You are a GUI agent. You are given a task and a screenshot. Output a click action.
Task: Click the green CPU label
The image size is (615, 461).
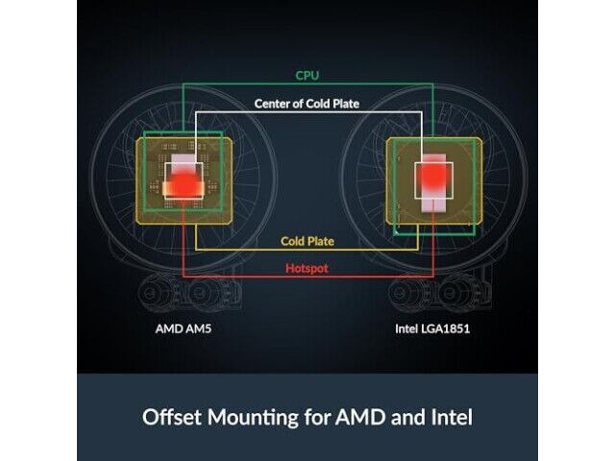click(x=307, y=75)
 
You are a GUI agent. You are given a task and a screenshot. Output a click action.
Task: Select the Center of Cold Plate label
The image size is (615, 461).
click(x=307, y=104)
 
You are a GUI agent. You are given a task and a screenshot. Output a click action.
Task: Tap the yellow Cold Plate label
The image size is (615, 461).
click(x=307, y=241)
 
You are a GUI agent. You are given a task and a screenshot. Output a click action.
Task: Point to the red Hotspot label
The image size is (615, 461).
click(x=307, y=269)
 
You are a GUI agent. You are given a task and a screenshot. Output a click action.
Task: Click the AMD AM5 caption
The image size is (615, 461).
click(x=184, y=328)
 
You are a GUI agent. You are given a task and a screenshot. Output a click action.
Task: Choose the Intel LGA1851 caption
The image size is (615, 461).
click(x=432, y=328)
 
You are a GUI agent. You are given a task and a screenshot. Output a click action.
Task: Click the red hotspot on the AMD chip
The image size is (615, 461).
click(x=183, y=185)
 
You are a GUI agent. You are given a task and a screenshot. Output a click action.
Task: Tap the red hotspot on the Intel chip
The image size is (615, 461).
click(x=432, y=176)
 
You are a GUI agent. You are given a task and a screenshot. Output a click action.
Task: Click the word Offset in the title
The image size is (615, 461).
click(x=173, y=417)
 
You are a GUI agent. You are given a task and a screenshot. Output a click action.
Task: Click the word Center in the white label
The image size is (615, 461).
click(x=272, y=104)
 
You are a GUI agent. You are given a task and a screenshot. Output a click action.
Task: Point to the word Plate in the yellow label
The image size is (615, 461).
click(x=321, y=241)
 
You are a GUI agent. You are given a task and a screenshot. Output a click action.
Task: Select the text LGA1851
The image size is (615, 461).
click(x=446, y=328)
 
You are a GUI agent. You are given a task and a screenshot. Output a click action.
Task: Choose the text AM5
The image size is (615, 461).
click(x=198, y=328)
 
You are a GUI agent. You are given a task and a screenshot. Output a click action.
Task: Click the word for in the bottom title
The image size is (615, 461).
click(x=317, y=417)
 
